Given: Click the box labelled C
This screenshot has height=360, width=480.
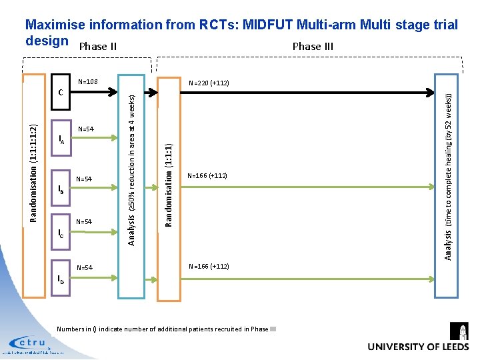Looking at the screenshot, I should tap(61, 92).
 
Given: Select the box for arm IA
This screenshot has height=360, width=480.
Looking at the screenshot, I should tap(61, 139).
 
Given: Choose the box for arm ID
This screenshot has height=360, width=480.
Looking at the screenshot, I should tap(61, 278).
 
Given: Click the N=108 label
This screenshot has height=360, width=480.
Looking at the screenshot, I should tap(88, 82).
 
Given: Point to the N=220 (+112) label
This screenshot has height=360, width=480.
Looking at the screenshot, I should tap(209, 83).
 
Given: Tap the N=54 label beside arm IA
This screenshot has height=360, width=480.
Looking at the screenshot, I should tap(86, 129).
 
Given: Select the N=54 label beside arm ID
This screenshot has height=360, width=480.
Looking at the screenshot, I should tap(85, 268).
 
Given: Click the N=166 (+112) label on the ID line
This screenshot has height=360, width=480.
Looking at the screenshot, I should tap(209, 267).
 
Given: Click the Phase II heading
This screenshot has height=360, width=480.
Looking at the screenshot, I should tap(98, 47).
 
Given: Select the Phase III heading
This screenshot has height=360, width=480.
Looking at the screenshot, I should tap(313, 47).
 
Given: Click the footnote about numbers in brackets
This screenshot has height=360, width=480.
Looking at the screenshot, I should tap(166, 329).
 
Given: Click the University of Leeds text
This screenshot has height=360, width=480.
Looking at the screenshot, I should tap(418, 347).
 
